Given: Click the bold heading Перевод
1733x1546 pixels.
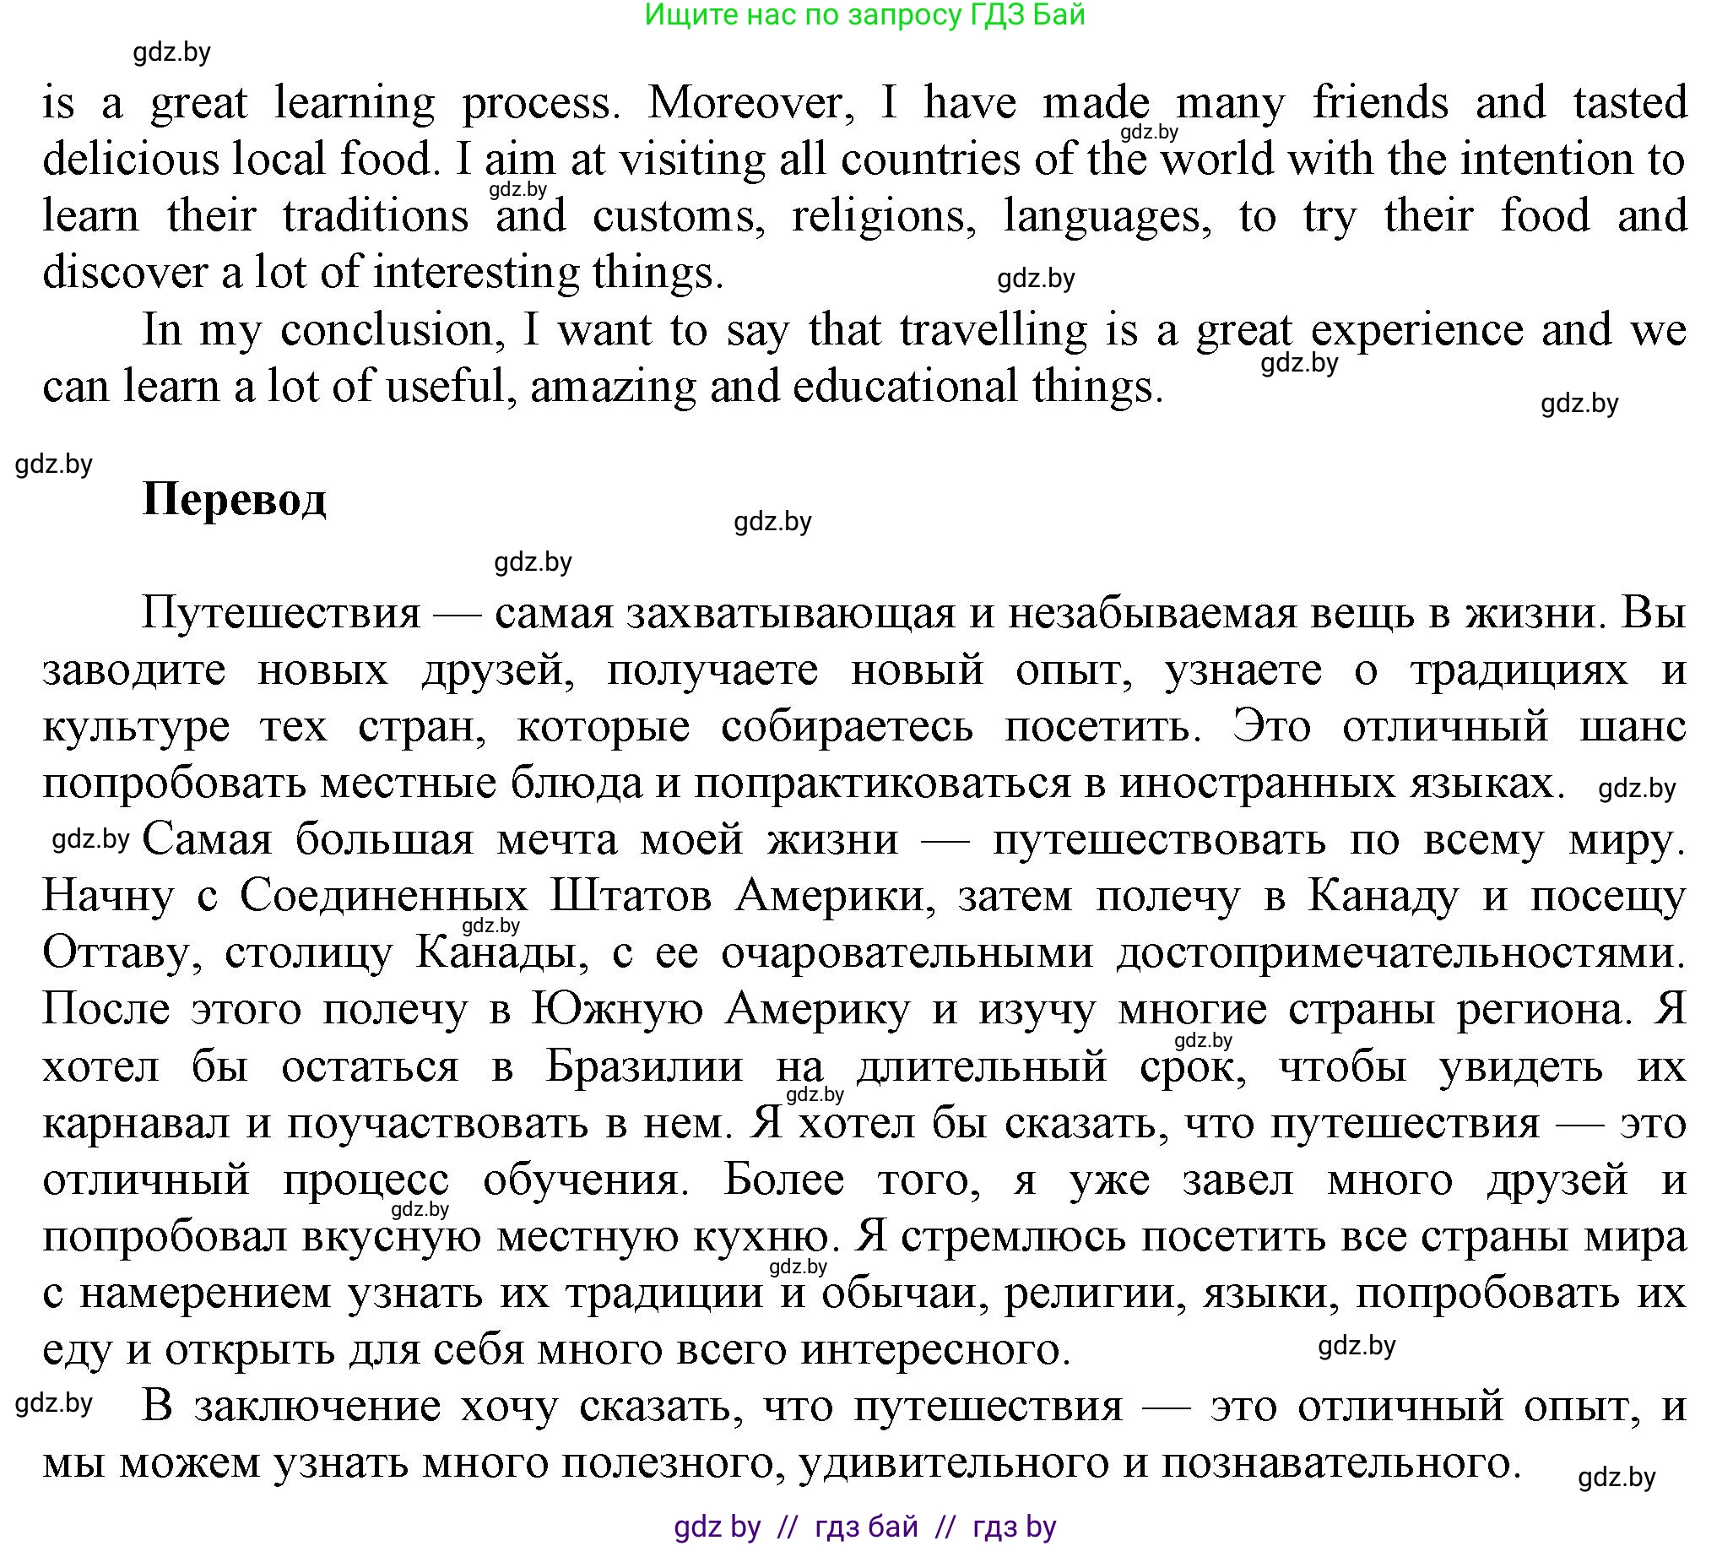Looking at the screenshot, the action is click(234, 499).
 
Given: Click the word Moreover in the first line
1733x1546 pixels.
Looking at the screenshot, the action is click(745, 103).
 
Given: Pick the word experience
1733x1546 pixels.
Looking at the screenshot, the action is click(1417, 329).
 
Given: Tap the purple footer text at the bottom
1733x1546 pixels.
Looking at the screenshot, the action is click(865, 1527).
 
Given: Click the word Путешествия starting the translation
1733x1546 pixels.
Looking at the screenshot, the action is click(281, 612).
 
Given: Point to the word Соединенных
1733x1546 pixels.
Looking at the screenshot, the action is click(384, 896).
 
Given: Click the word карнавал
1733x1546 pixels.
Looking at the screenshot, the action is click(136, 1123).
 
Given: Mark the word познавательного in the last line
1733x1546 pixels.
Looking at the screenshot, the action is click(1340, 1462).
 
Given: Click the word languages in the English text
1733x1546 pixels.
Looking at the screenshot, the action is click(1107, 216).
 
